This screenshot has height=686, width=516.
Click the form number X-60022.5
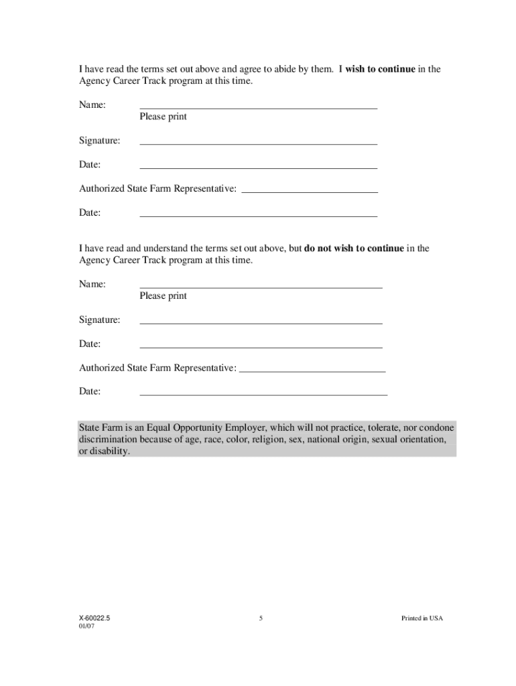point(94,618)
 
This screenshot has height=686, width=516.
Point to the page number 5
point(261,618)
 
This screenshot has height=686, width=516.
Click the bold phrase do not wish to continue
point(354,249)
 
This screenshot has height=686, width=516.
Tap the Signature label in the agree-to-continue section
point(100,141)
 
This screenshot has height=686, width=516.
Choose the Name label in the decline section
point(92,284)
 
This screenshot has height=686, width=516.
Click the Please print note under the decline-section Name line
point(163,296)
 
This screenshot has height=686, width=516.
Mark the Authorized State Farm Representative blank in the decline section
point(312,370)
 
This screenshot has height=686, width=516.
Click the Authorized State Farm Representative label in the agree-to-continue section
point(157,189)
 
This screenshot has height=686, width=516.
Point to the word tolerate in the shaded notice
point(381,427)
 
